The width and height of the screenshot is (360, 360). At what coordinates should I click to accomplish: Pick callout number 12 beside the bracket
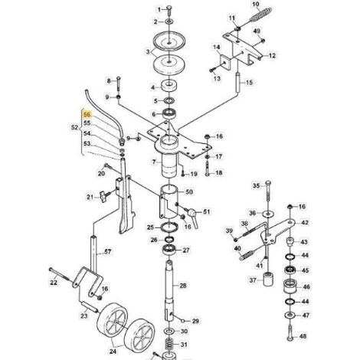pos(273,56)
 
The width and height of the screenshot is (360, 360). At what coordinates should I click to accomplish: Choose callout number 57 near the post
pos(108,252)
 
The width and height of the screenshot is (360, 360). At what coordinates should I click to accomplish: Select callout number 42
pos(304,222)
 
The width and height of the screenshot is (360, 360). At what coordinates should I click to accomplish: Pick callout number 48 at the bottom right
pos(304,335)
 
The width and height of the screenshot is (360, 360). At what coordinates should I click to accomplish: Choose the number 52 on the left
pos(74,128)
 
